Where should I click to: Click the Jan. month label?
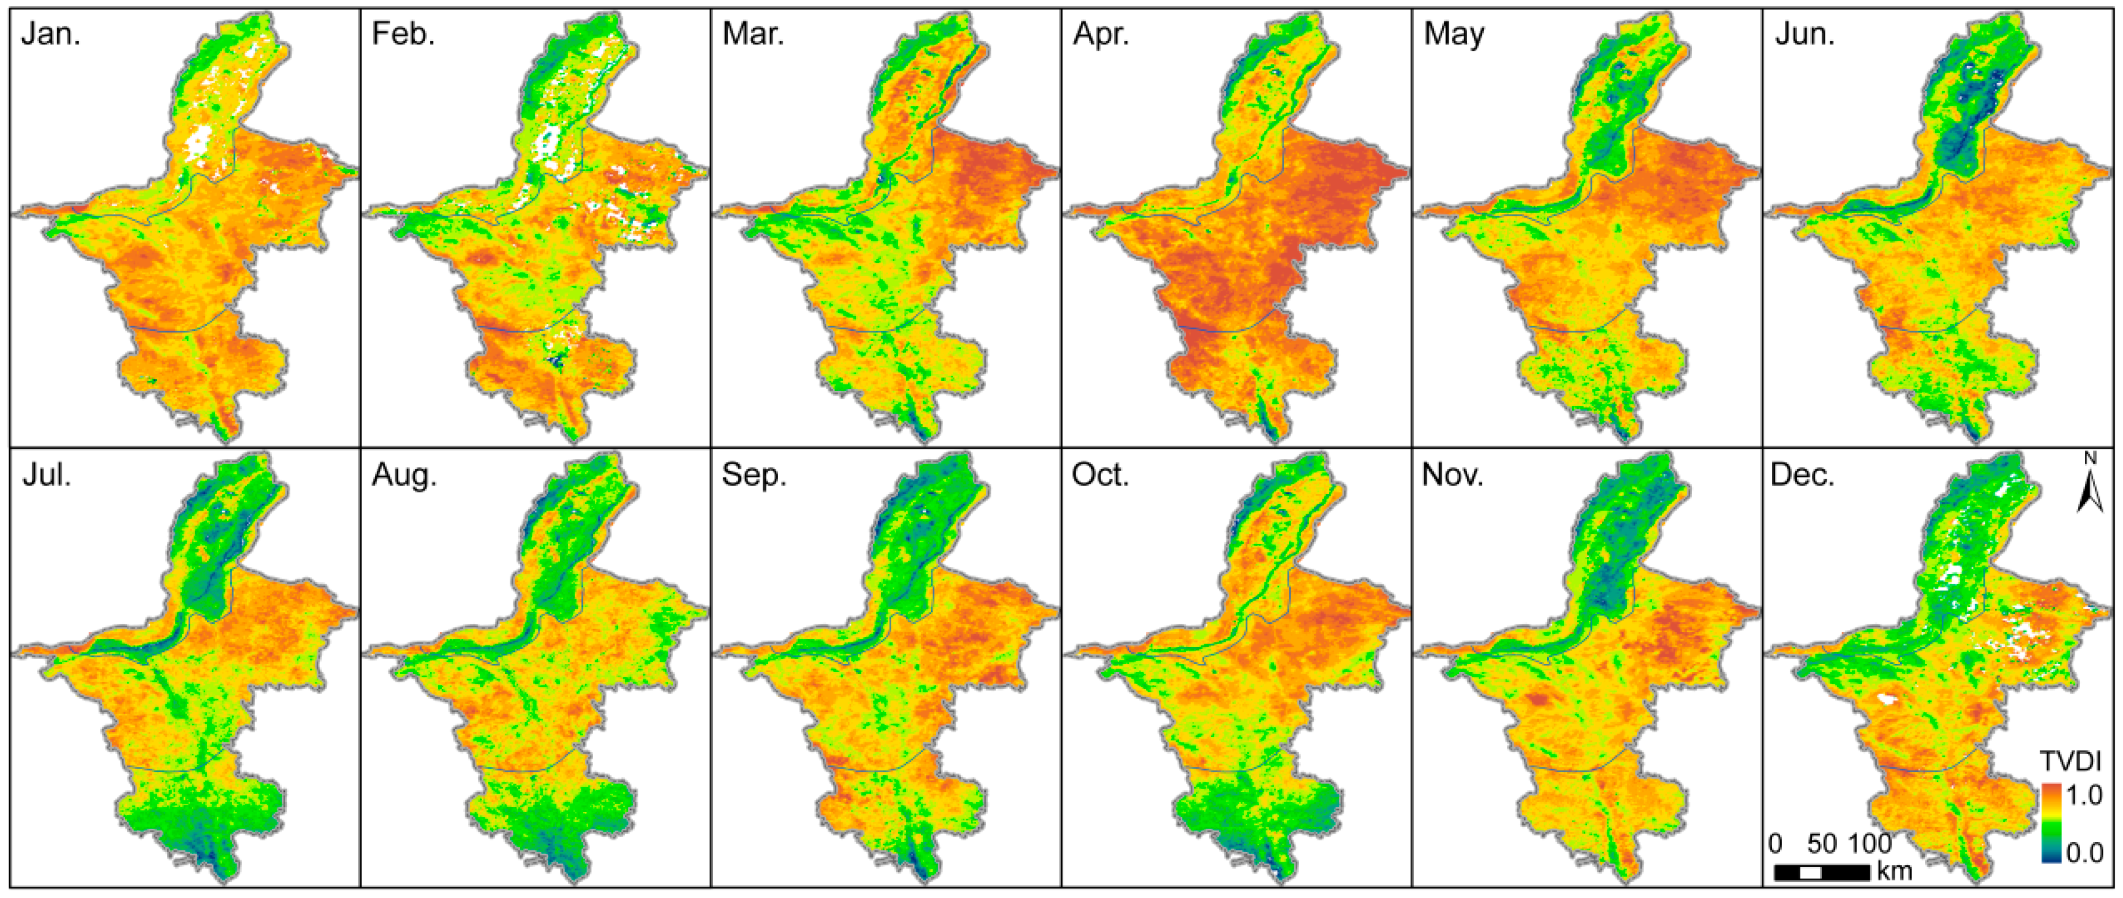point(51,34)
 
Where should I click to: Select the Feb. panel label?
point(402,34)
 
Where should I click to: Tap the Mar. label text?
point(753,34)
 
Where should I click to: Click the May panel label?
point(1454,34)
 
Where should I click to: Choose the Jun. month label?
point(1804,34)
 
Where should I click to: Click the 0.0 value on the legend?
point(2085,852)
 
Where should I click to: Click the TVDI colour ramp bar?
point(2051,822)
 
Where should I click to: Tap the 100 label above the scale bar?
point(1869,844)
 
